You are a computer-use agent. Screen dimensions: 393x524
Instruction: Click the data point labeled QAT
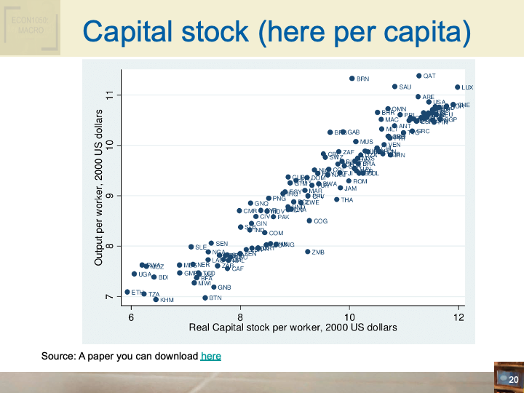(419, 76)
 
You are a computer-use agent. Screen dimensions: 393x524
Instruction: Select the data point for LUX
(458, 87)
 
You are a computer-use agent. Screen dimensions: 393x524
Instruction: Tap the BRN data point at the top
(352, 79)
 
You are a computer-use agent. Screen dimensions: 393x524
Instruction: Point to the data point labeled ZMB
(308, 252)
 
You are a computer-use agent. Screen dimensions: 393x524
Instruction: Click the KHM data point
(156, 299)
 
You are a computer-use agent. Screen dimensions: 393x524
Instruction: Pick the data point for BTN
(205, 298)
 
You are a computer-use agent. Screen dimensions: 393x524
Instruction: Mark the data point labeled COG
(309, 221)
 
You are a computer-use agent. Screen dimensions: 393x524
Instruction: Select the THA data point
(337, 199)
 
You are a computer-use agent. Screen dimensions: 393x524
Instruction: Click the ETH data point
(127, 292)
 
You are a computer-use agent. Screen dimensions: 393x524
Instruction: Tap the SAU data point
(394, 87)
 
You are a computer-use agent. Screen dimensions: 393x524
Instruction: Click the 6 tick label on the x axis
(131, 317)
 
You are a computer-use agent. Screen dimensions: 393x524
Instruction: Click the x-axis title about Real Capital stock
(293, 327)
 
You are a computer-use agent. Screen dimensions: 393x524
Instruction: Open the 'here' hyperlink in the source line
(210, 356)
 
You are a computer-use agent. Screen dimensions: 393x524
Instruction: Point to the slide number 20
(512, 380)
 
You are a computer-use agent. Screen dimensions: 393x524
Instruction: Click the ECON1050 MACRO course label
(30, 28)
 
